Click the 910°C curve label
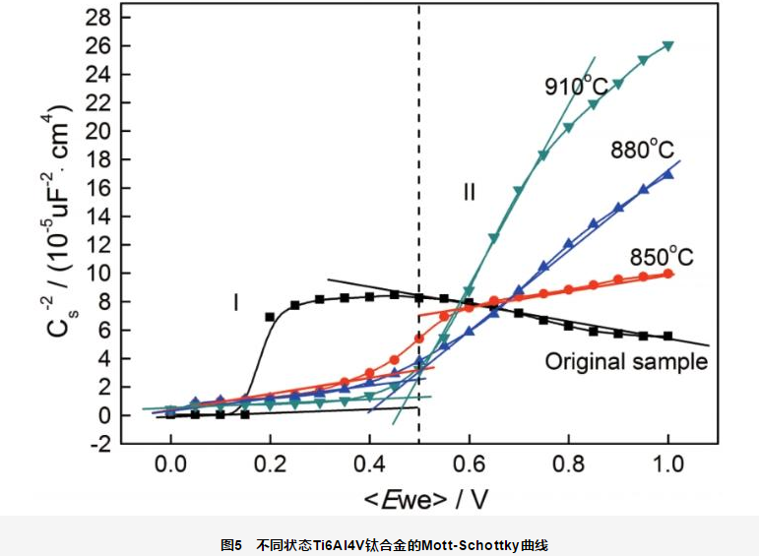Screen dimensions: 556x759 click(x=582, y=86)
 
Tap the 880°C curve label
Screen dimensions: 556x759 click(x=641, y=150)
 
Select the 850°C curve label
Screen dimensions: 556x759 click(x=662, y=258)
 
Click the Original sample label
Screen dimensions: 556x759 click(x=626, y=361)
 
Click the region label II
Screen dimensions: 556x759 click(x=470, y=193)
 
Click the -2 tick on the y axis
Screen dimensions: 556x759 click(x=99, y=444)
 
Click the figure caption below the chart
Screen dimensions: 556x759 click(x=380, y=543)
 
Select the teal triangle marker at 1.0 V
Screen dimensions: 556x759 click(x=668, y=46)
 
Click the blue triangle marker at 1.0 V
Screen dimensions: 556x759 click(x=668, y=173)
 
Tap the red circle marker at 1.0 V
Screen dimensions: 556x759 click(x=668, y=275)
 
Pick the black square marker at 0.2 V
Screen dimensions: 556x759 click(x=270, y=317)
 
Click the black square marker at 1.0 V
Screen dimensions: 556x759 click(x=668, y=337)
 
